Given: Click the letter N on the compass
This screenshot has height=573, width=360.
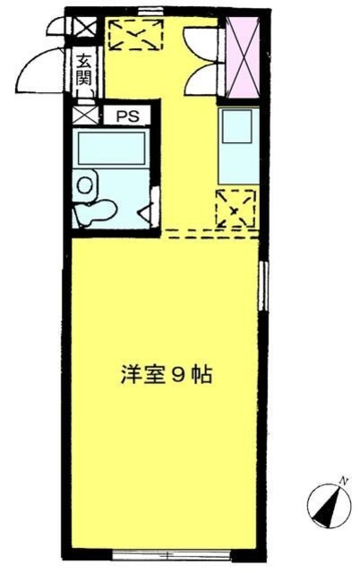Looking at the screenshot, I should [342, 484].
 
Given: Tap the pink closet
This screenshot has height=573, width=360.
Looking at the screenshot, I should [243, 57].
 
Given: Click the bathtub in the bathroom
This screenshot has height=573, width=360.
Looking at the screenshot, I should [111, 147].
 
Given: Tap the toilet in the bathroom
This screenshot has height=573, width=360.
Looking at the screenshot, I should [96, 211].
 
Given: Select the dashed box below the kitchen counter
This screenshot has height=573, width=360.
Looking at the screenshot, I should [236, 208].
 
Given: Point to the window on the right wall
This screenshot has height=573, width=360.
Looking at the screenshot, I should [262, 286].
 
